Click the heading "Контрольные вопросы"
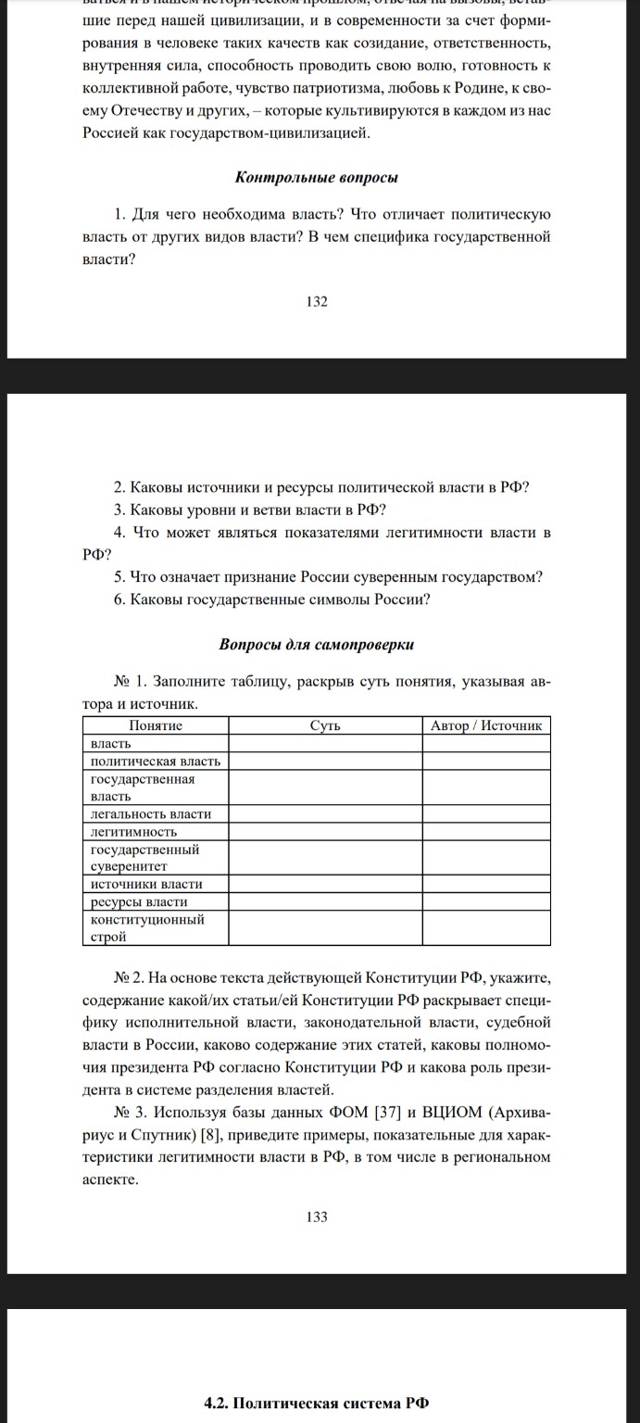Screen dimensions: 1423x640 pyautogui.click(x=317, y=176)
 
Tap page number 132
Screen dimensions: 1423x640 pyautogui.click(x=317, y=301)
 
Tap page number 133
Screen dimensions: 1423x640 pyautogui.click(x=317, y=1216)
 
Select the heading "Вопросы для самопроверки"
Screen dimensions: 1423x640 pyautogui.click(x=317, y=644)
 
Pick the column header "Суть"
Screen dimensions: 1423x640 pyautogui.click(x=325, y=725)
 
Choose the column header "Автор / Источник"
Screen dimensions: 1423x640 pyautogui.click(x=486, y=725)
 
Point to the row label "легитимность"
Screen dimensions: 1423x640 pyautogui.click(x=133, y=831)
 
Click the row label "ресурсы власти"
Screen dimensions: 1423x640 pyautogui.click(x=139, y=901)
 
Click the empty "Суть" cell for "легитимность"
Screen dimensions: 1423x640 pyautogui.click(x=325, y=831)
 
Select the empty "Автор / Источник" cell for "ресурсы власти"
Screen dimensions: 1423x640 pyautogui.click(x=486, y=901)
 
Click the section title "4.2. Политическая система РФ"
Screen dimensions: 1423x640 pyautogui.click(x=317, y=1403)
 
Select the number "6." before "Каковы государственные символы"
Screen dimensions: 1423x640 pyautogui.click(x=120, y=598)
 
